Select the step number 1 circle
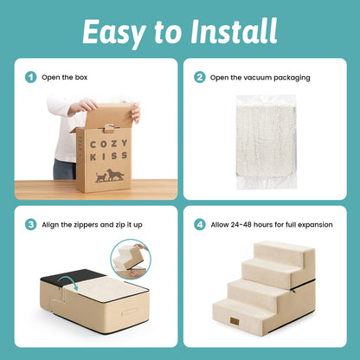click(31, 77)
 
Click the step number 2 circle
click(200, 77)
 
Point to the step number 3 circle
click(31, 224)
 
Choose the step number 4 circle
click(200, 224)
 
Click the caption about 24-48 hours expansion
click(270, 224)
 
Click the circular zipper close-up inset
click(132, 260)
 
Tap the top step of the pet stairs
click(286, 251)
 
